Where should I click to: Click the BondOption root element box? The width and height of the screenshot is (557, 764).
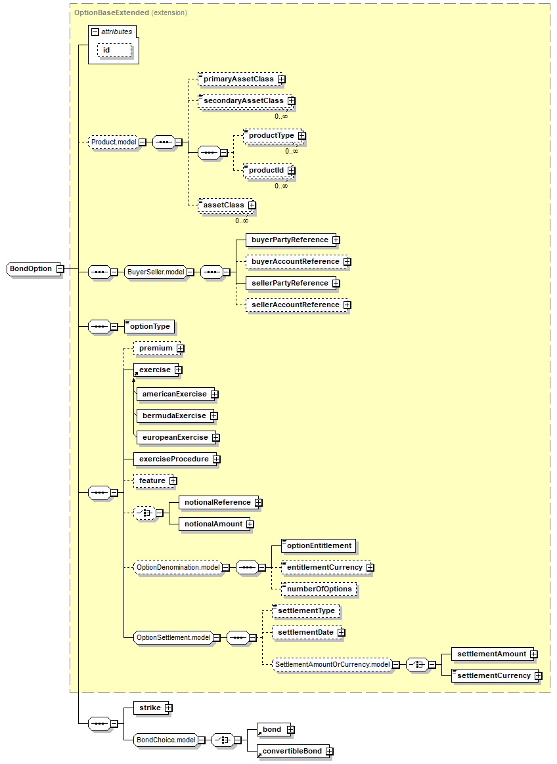(x=31, y=268)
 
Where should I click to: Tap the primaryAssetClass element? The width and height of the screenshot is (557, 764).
(x=238, y=79)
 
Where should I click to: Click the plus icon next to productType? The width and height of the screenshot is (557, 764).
(x=301, y=135)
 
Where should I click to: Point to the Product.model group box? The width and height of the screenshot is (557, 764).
(x=113, y=142)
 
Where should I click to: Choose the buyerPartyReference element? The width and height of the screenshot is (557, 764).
(x=289, y=240)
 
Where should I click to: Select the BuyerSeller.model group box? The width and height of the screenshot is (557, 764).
(x=156, y=272)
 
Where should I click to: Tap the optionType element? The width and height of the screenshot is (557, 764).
(x=150, y=326)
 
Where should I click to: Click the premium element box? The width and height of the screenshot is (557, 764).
(x=156, y=348)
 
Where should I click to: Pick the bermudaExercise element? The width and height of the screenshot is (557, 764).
(x=174, y=415)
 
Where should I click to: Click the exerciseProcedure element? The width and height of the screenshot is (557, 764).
(x=173, y=459)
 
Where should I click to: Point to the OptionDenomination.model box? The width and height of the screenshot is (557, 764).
(x=177, y=567)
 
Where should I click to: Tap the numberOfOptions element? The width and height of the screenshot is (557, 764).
(x=319, y=589)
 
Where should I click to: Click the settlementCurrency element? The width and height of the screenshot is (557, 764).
(x=493, y=675)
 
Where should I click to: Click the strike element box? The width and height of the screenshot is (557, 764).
(x=150, y=708)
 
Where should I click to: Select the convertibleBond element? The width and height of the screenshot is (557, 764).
(x=293, y=751)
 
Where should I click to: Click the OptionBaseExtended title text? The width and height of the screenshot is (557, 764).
(x=101, y=12)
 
